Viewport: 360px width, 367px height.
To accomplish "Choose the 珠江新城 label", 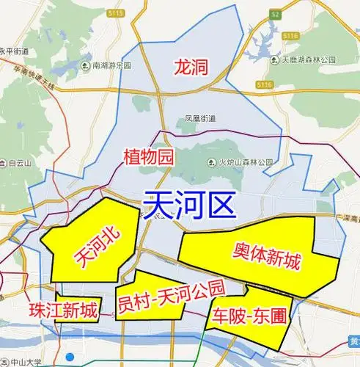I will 63,310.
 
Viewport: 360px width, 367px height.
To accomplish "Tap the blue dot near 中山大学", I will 70,357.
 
